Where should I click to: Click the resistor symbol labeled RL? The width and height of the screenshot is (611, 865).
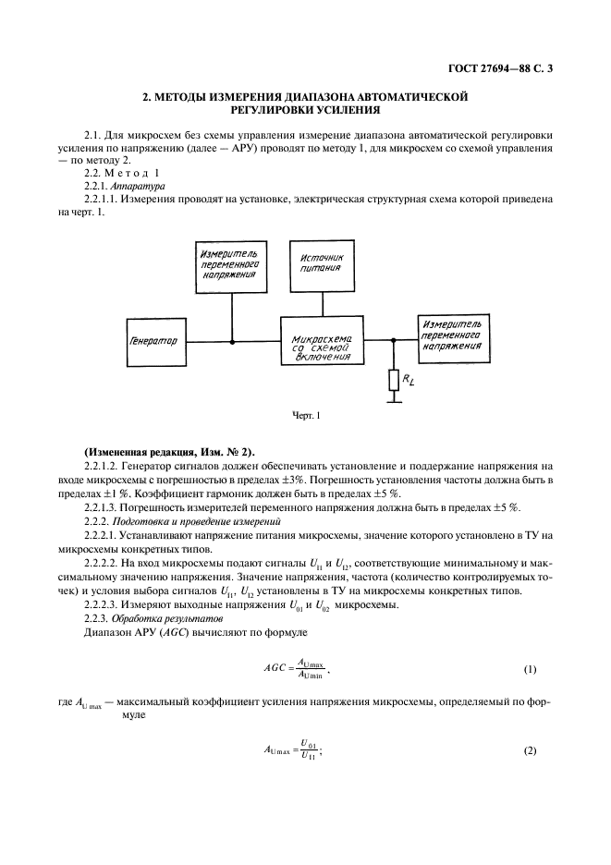coord(394,378)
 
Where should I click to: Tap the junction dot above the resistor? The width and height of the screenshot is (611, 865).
coord(394,341)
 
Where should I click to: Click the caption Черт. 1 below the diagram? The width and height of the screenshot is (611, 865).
coord(305,416)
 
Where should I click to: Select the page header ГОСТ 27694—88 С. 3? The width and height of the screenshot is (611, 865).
coord(495,67)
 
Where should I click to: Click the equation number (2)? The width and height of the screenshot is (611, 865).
coord(530,749)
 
